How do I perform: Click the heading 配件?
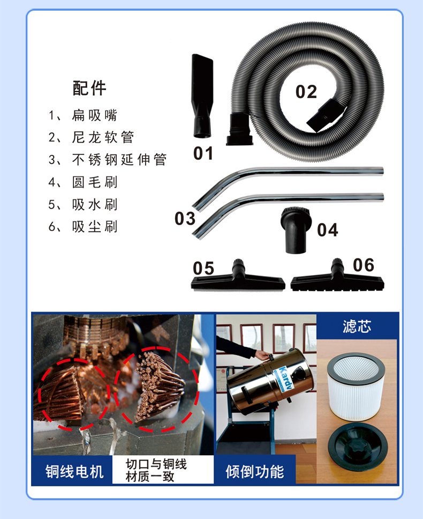click(x=89, y=88)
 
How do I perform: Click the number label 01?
click(x=203, y=154)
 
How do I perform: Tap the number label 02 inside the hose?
click(x=306, y=92)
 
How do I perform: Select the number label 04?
click(x=328, y=230)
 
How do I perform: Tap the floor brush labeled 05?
click(x=238, y=278)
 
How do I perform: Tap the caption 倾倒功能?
click(x=255, y=472)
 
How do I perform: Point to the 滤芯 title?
click(x=357, y=327)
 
